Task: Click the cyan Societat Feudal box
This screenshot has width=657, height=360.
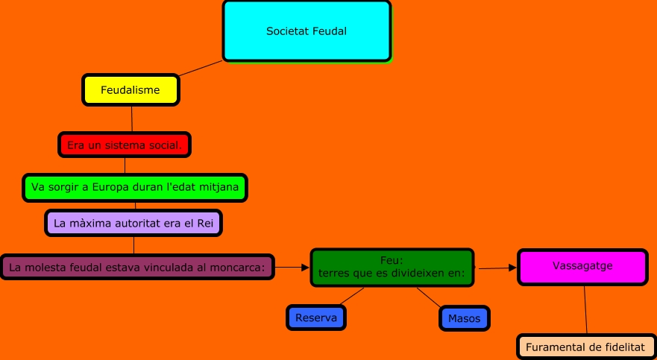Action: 307,31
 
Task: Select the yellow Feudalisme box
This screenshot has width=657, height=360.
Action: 131,90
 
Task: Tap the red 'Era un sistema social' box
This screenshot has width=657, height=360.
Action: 125,145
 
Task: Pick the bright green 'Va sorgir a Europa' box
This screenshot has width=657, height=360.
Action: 135,187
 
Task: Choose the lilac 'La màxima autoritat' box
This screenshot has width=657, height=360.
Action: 133,223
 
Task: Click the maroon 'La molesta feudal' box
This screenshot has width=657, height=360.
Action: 138,267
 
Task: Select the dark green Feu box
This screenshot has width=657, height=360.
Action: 392,268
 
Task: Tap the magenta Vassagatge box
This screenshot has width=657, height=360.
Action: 583,267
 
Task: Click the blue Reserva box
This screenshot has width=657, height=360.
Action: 316,318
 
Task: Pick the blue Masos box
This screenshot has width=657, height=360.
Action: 464,318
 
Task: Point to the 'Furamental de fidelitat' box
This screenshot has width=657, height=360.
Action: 585,347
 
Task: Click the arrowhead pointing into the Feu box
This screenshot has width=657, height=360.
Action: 306,267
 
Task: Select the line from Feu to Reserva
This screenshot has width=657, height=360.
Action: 352,295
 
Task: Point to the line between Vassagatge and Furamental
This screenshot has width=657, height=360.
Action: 585,309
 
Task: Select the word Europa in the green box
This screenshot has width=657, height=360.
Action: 111,187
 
